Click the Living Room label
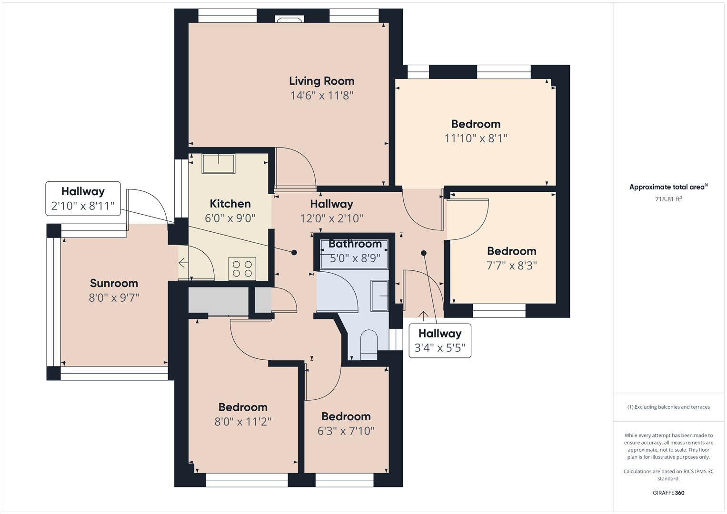coord(321,81)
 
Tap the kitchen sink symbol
coord(219,163)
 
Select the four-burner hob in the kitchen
coord(242,268)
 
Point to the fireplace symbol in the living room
coord(289,20)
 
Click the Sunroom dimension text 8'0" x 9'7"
coord(114,298)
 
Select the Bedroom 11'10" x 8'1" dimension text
coord(476,138)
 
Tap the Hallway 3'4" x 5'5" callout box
coord(440,341)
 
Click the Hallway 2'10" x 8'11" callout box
coord(83,198)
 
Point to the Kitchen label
coord(230,204)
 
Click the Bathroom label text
coord(355,244)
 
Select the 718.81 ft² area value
coord(668,199)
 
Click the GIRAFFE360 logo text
coord(668,493)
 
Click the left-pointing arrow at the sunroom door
coord(183,263)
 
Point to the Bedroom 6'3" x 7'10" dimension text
coord(346,431)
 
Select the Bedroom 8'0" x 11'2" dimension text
coord(243,422)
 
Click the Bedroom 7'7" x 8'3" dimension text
coord(511,266)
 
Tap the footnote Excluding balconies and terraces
coord(668,407)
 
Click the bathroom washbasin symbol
coord(380,296)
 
